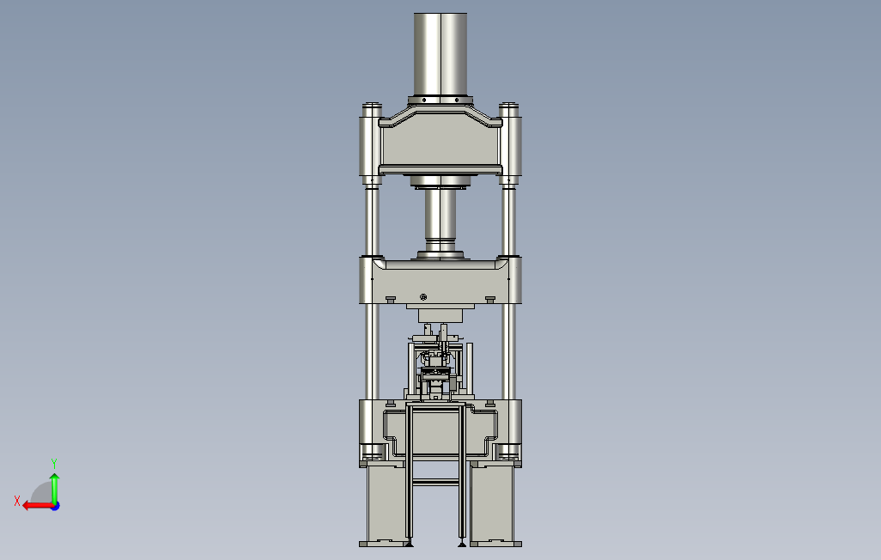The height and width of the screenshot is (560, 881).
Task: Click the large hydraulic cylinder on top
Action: [x=440, y=54]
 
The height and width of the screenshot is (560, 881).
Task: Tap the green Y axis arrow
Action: [x=54, y=489]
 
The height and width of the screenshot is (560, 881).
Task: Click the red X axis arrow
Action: [x=38, y=506]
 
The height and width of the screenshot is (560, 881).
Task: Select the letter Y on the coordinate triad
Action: [x=54, y=463]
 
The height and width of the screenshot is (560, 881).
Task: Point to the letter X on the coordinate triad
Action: [x=17, y=501]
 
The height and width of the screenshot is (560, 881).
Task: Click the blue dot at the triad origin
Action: [x=56, y=507]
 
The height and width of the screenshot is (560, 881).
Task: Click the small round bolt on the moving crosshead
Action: [x=423, y=297]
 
